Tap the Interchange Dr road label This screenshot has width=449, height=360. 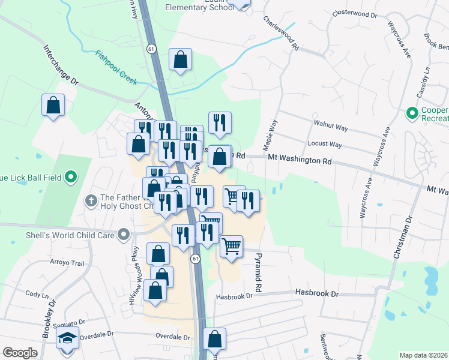coord(61,64)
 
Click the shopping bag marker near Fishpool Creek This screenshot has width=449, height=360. coord(180,59)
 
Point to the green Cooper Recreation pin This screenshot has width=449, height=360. coord(412,112)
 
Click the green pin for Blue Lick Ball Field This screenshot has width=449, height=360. coord(71,176)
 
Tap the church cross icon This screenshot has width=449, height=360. coord(91,199)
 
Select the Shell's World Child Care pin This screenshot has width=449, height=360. coord(124,233)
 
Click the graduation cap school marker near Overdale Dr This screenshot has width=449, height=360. coord(67,338)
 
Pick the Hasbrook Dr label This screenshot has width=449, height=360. coord(317,293)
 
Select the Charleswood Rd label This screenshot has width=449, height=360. coord(280,32)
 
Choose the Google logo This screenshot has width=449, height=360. coord(20,353)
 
